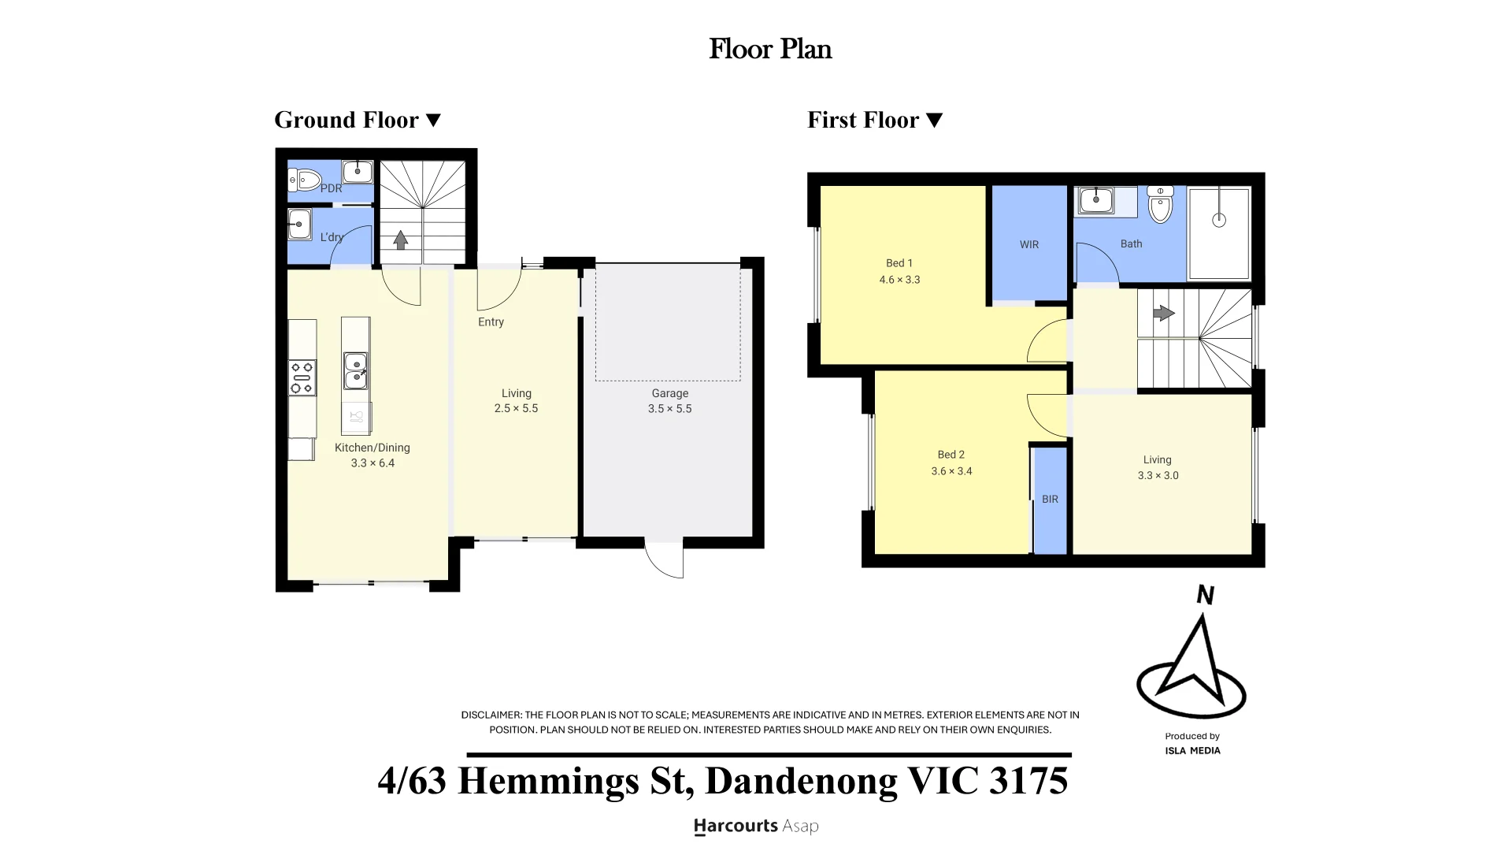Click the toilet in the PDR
[306, 180]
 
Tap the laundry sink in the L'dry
[299, 224]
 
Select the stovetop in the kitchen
[302, 377]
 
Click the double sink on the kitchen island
[355, 370]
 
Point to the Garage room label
[670, 393]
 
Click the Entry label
[491, 321]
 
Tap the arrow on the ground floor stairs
[401, 240]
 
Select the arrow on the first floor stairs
[1164, 313]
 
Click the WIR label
[1029, 244]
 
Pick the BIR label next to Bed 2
[1050, 499]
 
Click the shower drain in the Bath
[1219, 221]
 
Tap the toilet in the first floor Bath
[1160, 204]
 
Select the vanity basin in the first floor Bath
[1095, 200]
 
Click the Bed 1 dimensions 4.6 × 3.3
[899, 279]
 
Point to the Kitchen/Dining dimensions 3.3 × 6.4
[372, 463]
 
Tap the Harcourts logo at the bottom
[756, 826]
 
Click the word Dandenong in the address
[801, 780]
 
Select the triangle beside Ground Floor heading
[433, 120]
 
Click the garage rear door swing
[664, 560]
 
